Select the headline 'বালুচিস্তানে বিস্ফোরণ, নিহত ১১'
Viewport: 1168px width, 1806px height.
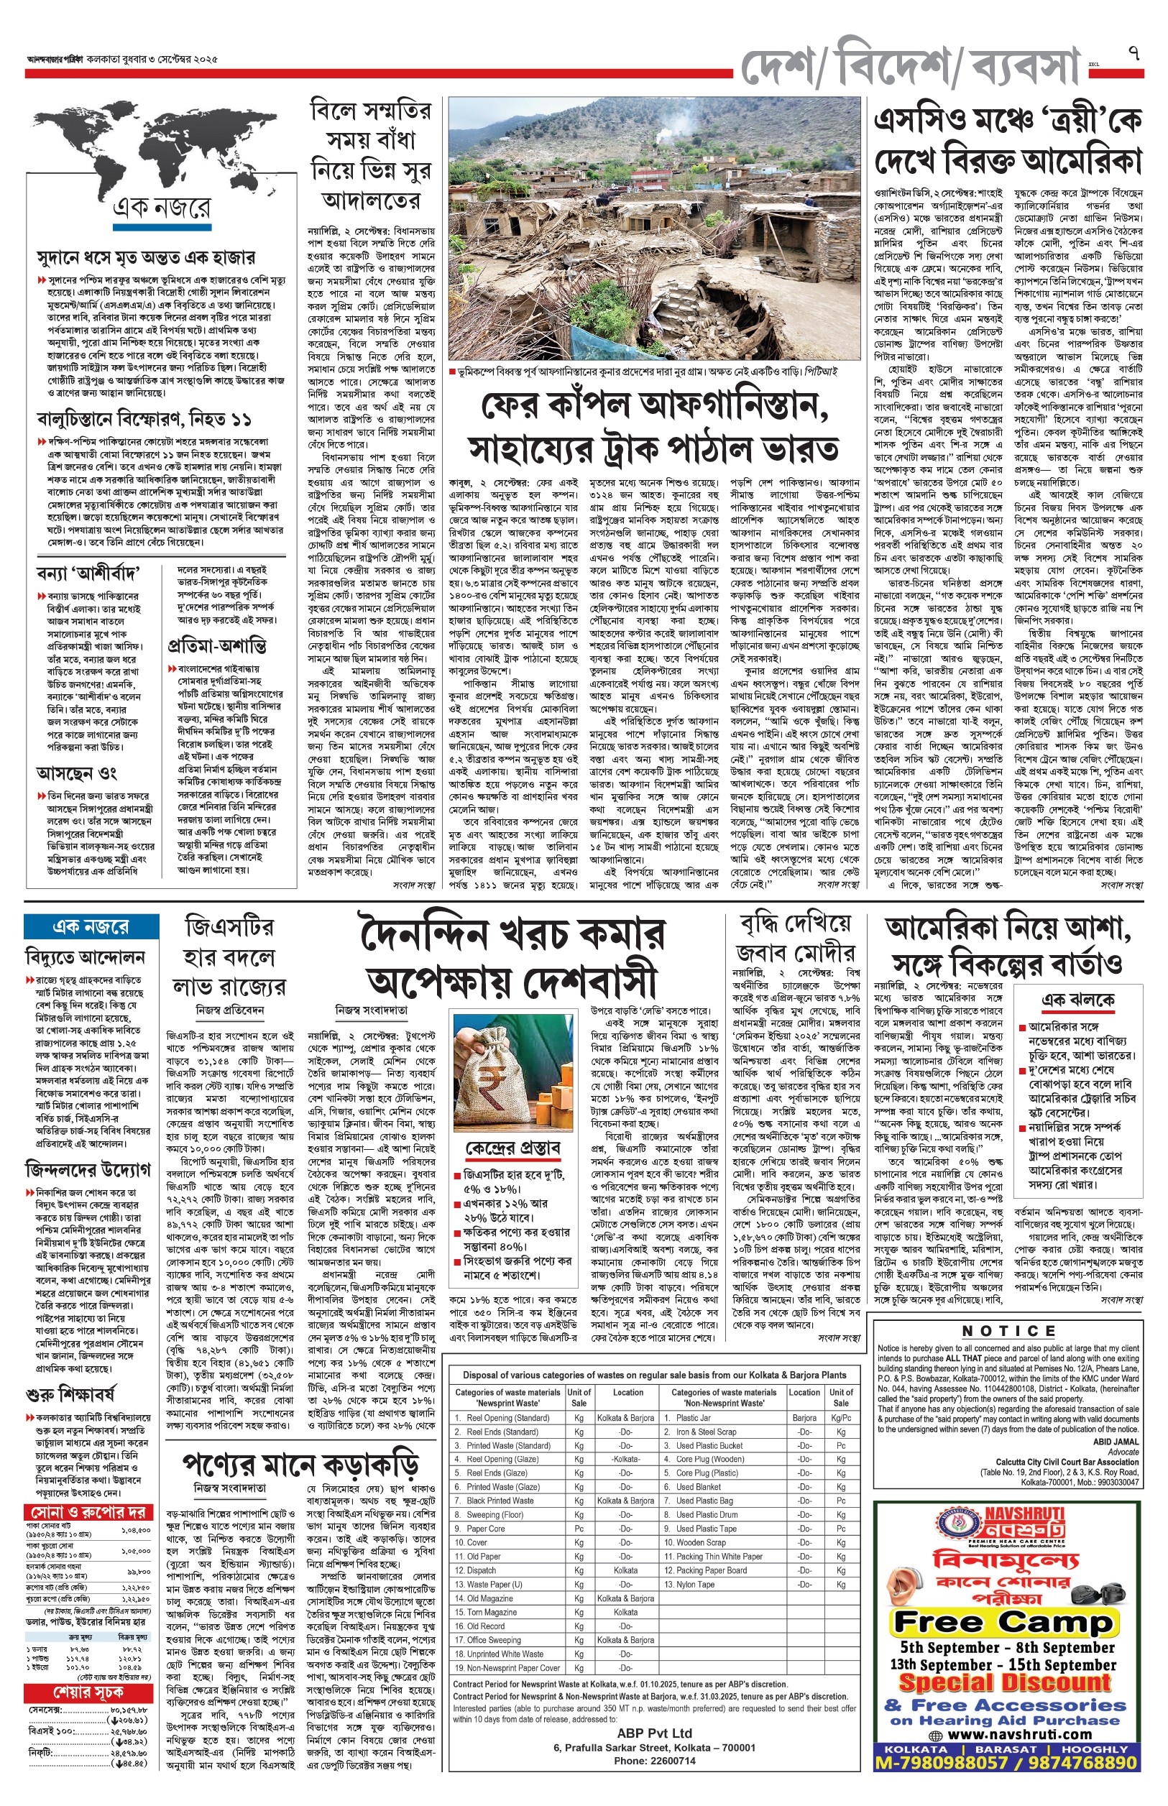click(144, 418)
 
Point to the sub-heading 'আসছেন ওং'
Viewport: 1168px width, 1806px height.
click(76, 773)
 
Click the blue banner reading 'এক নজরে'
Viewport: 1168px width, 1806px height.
click(91, 926)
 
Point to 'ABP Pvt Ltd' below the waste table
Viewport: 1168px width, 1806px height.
click(655, 1733)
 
